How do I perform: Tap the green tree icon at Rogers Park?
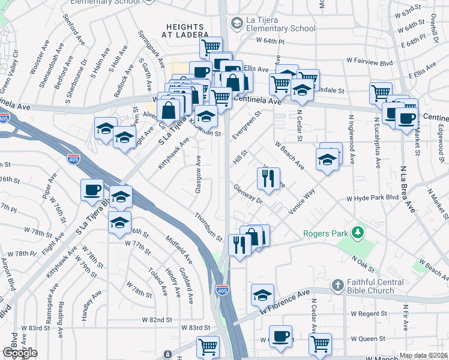pos(358,232)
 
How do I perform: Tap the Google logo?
pos(20,353)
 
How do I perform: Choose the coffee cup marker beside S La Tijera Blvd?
pos(92,190)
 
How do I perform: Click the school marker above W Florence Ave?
pos(262,294)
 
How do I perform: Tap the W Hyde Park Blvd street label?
pos(372,197)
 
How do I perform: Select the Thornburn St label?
pos(208,227)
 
